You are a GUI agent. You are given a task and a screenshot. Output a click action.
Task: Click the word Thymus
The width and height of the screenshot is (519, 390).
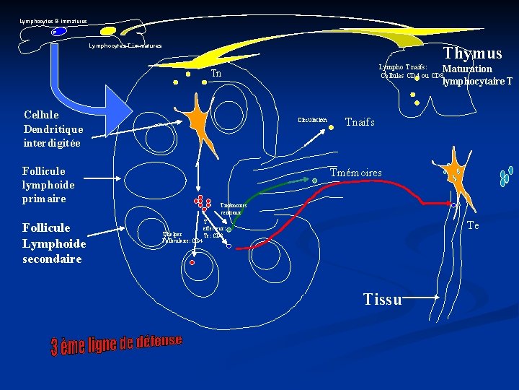pos(472,53)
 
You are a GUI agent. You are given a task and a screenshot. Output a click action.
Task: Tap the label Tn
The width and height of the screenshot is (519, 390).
pos(216,74)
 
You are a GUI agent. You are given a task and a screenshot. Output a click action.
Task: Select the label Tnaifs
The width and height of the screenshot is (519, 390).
pos(360,122)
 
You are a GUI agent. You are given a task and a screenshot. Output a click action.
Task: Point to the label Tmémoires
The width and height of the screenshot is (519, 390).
pos(355,173)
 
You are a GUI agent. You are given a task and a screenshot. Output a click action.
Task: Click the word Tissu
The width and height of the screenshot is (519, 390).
pos(383,299)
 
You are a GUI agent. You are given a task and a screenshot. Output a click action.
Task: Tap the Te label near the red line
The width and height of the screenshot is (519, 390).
pos(473,226)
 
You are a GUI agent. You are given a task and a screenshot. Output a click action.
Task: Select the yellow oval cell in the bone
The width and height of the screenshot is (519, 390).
pos(107,32)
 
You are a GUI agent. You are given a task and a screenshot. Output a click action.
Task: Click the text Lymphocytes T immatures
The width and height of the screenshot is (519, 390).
pos(125,45)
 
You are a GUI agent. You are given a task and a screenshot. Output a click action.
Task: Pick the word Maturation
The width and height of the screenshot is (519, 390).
pos(466,69)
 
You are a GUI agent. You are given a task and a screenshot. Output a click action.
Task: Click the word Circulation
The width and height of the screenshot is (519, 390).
pos(311,120)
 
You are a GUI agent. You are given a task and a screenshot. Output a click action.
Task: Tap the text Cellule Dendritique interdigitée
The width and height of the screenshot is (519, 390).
pos(53,129)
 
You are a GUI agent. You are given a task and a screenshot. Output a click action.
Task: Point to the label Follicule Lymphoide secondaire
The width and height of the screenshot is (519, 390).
pos(54,243)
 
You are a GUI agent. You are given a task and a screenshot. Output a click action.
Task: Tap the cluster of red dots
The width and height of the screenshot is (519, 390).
pos(202,204)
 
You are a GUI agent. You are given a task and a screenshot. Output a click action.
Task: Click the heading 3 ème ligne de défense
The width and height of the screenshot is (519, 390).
pos(116,344)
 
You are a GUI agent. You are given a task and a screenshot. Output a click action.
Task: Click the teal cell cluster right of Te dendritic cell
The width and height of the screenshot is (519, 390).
pos(506,175)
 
